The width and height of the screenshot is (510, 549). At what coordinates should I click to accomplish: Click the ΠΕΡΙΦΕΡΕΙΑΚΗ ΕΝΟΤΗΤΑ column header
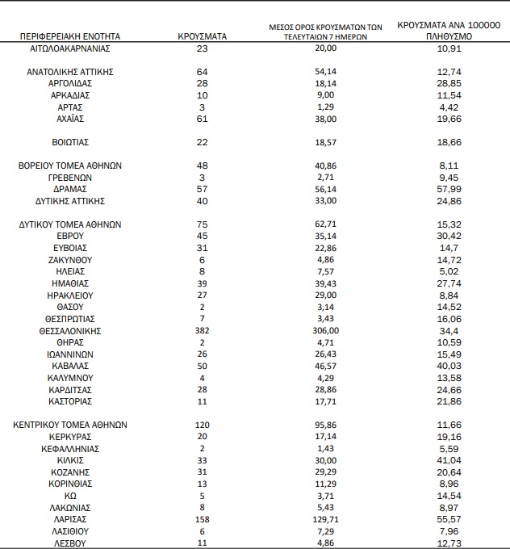(x=69, y=36)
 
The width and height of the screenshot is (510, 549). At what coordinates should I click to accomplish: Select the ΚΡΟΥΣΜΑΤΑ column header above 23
(x=202, y=36)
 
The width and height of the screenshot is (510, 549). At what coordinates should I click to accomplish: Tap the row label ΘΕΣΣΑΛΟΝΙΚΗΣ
(x=69, y=330)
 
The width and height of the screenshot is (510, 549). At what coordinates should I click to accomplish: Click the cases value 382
(x=202, y=330)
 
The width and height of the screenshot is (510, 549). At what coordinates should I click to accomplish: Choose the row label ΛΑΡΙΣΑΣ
(x=69, y=518)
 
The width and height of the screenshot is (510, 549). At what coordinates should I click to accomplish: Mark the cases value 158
(x=202, y=518)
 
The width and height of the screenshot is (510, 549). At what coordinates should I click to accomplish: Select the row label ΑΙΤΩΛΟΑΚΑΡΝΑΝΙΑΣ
(x=69, y=48)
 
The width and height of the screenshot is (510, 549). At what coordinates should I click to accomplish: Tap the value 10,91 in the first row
(x=448, y=48)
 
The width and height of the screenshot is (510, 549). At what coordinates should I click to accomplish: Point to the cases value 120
(x=202, y=425)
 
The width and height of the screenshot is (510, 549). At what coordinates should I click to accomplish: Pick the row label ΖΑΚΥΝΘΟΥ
(x=69, y=260)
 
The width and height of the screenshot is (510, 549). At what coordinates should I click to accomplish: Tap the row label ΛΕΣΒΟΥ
(x=69, y=543)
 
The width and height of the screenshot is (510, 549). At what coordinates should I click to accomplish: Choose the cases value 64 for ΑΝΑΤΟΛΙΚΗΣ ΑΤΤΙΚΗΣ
(x=202, y=72)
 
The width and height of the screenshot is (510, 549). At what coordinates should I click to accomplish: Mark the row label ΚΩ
(x=69, y=495)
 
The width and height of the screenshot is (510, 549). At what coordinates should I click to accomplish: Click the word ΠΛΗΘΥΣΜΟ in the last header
(x=448, y=37)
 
